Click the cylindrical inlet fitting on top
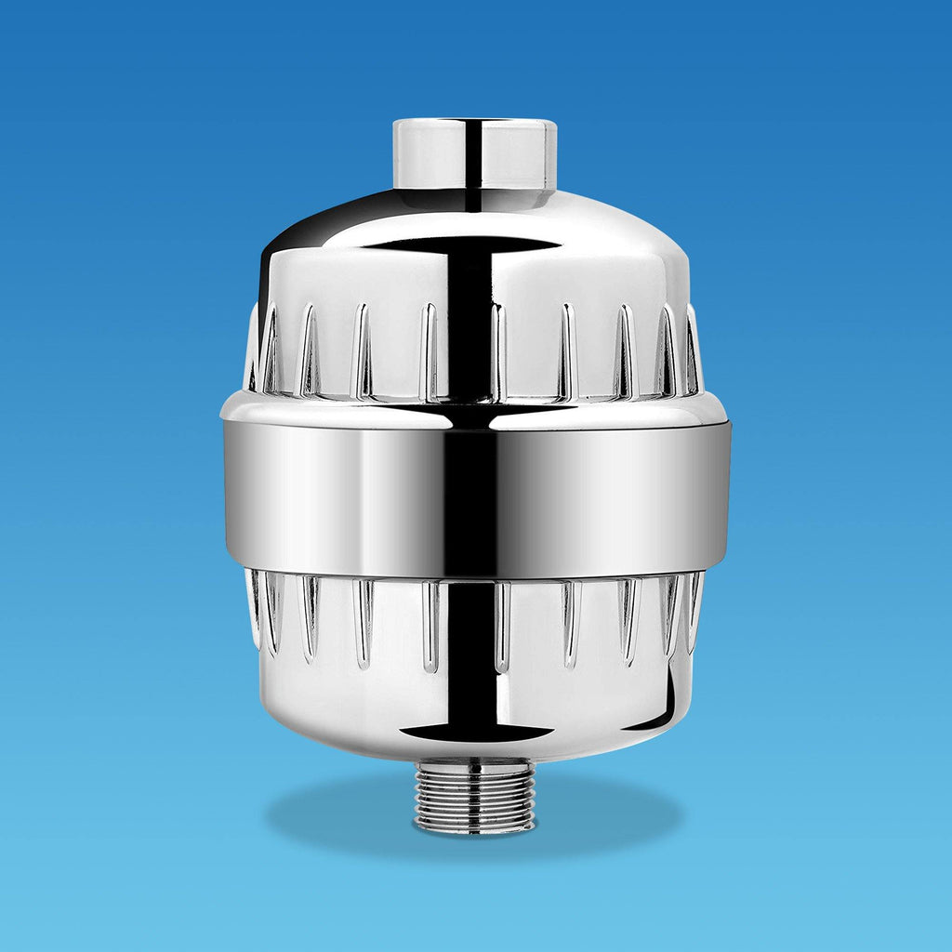[x=474, y=153]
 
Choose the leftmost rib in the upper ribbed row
[x=252, y=349]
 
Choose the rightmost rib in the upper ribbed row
[x=694, y=349]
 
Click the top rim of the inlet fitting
[x=474, y=122]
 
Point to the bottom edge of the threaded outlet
[x=474, y=830]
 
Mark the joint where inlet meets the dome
[x=474, y=191]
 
